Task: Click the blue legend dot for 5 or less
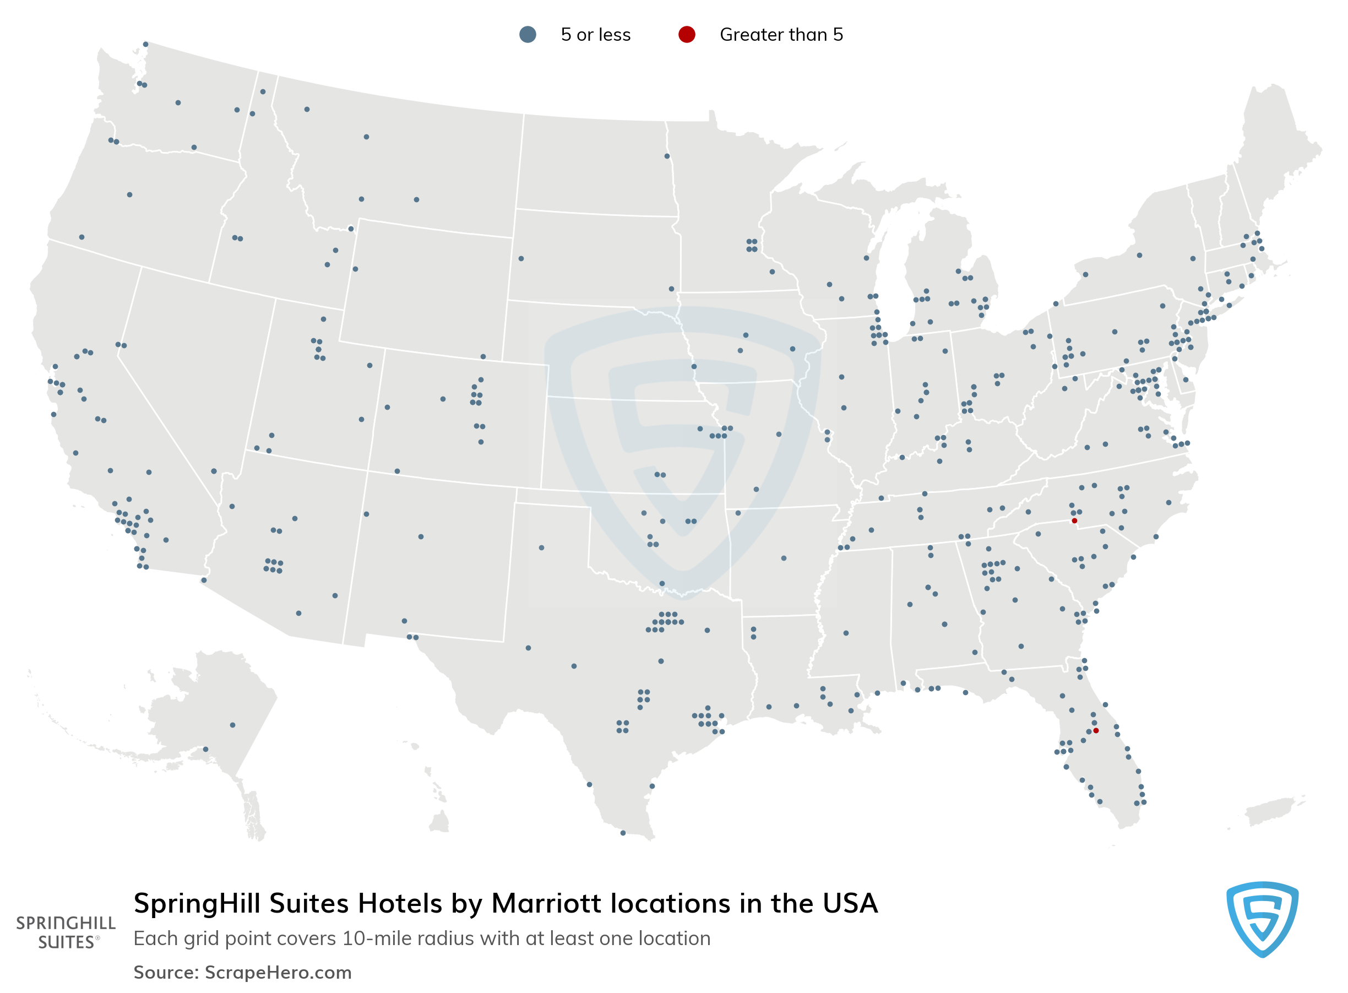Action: [x=528, y=34]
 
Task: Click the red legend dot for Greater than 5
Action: [x=687, y=34]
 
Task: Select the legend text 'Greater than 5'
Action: [x=781, y=35]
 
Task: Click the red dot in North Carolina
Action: [x=1074, y=520]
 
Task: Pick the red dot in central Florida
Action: [x=1096, y=730]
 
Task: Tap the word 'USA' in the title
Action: [x=850, y=903]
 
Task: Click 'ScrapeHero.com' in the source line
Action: [x=278, y=973]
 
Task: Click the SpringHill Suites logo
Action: [x=66, y=932]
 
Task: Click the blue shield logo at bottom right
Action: [x=1262, y=919]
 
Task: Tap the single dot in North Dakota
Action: [x=666, y=156]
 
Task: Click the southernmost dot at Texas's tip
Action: [x=623, y=833]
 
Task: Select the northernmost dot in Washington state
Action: [x=145, y=45]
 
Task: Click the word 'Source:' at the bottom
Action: [x=166, y=973]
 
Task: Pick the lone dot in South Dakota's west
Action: [x=521, y=258]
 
